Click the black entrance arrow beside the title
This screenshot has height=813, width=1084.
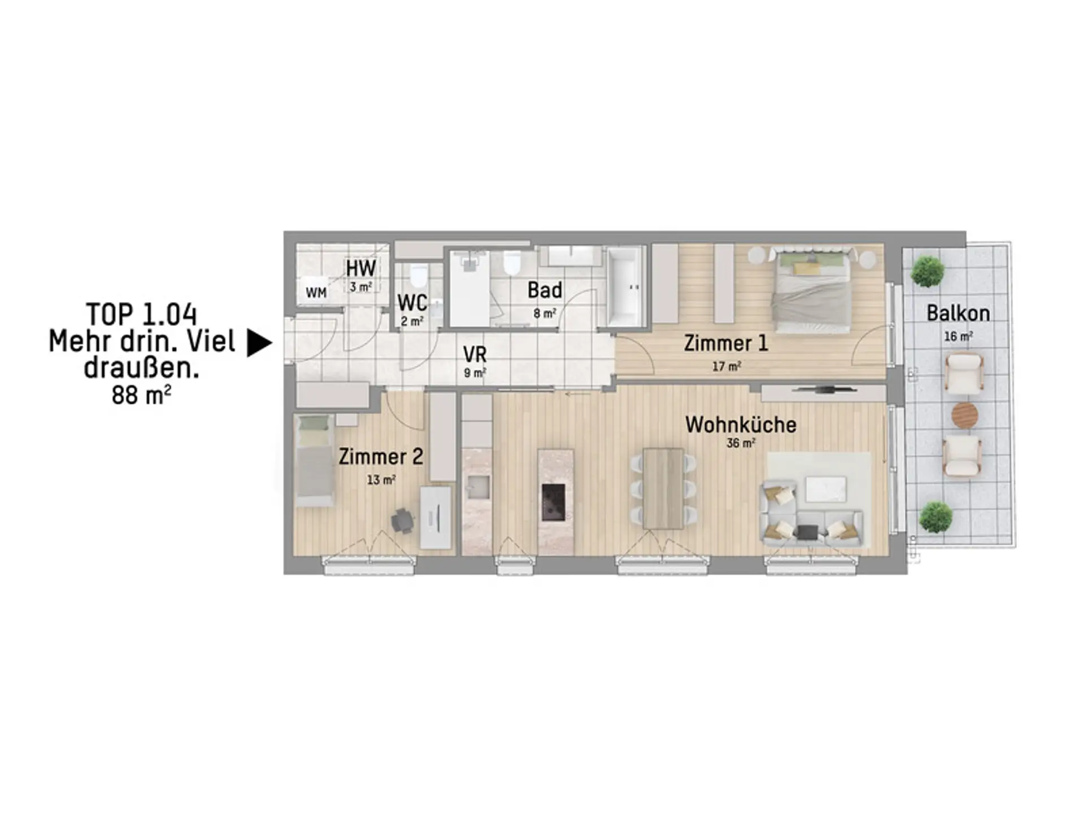[259, 343]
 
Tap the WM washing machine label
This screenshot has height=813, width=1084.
[316, 292]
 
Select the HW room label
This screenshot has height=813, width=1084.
[361, 268]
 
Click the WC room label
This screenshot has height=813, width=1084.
[412, 303]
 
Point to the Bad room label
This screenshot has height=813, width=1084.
[545, 290]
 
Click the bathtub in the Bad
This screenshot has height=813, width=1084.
[626, 287]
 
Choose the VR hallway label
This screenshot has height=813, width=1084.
[475, 355]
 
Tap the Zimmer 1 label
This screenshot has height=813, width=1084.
[726, 343]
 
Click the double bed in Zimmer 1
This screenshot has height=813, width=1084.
[812, 292]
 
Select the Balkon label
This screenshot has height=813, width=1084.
[958, 313]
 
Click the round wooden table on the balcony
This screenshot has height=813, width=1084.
[964, 416]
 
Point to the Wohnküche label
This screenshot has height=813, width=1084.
[741, 425]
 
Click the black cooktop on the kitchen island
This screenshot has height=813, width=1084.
[553, 502]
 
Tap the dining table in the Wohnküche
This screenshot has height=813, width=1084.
[663, 488]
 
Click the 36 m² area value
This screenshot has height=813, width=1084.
[741, 443]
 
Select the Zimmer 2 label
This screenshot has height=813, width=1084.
[381, 457]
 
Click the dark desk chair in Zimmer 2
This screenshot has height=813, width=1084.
[403, 521]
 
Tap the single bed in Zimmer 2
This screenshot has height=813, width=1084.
[313, 460]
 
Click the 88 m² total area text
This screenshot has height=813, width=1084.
[141, 395]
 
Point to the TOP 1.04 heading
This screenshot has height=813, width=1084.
[141, 314]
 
